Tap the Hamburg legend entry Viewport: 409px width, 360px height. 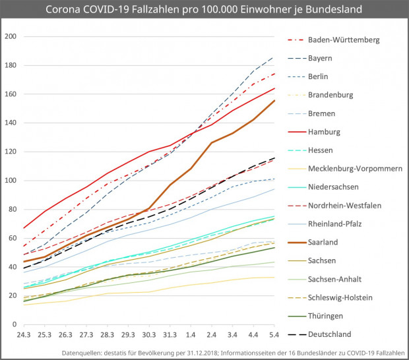point(324,132)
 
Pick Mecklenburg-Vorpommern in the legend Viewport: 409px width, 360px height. point(355,169)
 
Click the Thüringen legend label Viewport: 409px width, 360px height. point(326,315)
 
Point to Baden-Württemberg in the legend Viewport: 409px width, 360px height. point(343,40)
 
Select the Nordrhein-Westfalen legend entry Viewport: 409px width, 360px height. point(344,205)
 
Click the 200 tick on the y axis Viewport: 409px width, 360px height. point(11,36)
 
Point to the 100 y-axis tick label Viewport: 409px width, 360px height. point(11,180)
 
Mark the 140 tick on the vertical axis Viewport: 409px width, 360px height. point(11,123)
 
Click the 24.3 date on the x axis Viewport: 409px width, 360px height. point(23,335)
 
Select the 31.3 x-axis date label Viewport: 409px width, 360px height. point(170,335)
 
